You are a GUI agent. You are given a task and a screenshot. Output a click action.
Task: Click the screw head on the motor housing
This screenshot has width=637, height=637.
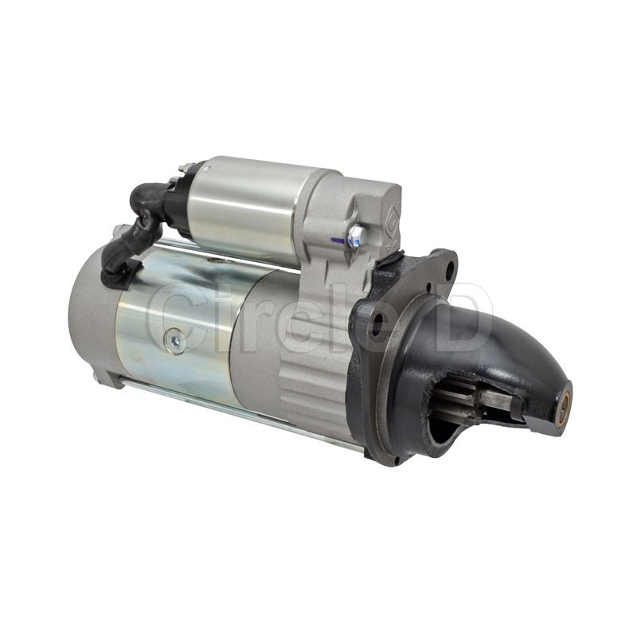click(x=174, y=342)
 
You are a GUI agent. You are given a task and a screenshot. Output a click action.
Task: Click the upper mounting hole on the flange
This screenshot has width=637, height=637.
click(x=449, y=269)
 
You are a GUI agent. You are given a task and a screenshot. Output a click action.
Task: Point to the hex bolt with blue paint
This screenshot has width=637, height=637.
click(x=358, y=236)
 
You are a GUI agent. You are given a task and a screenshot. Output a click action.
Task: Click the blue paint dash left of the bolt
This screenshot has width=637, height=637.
click(x=338, y=241)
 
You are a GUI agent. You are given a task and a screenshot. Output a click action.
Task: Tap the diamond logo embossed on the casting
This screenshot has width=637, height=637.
click(x=391, y=214)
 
